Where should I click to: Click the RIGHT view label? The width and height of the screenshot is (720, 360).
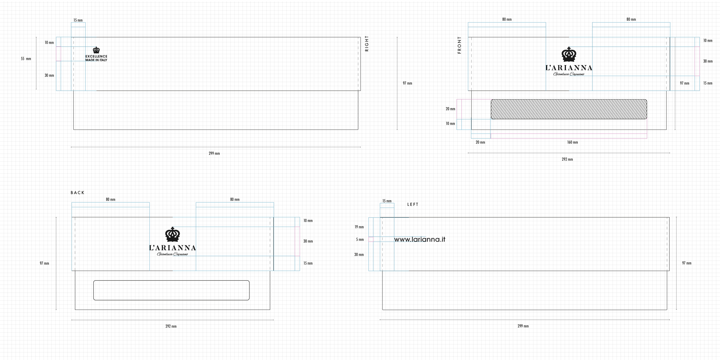[x=367, y=43]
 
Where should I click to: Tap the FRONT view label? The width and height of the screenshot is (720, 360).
[x=459, y=45]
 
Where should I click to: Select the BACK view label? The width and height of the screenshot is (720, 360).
[x=77, y=193]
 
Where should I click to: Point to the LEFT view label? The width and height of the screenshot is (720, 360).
[x=413, y=204]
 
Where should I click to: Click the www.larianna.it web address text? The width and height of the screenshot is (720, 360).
[x=420, y=239]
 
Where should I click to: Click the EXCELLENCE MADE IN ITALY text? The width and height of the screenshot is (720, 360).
[x=96, y=58]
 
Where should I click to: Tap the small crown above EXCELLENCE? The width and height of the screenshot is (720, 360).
[x=96, y=50]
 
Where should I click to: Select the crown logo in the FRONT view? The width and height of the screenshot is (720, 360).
[x=569, y=54]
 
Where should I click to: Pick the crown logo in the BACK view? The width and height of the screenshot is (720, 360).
[x=173, y=234]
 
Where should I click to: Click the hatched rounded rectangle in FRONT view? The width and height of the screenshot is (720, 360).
[x=569, y=109]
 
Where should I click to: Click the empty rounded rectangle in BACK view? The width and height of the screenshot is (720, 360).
[x=171, y=290]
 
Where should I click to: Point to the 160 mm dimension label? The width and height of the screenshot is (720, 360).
[x=573, y=142]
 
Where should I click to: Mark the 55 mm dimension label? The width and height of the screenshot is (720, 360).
[x=26, y=59]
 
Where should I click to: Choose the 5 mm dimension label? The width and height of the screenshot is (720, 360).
[x=360, y=240]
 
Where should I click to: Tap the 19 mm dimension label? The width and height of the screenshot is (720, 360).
[x=359, y=227]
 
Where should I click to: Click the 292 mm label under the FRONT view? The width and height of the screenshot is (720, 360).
[x=567, y=159]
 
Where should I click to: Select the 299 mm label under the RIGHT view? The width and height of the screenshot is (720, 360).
[x=214, y=154]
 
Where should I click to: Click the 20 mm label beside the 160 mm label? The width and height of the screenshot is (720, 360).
[x=480, y=142]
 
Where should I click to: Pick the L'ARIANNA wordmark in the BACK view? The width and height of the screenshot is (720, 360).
[x=173, y=248]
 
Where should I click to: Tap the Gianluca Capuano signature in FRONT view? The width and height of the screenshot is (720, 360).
[x=569, y=74]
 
